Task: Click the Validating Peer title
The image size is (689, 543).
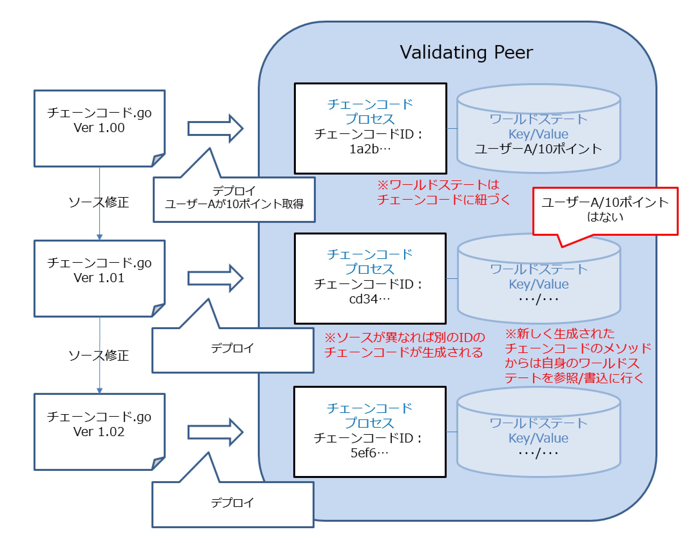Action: pos(466,52)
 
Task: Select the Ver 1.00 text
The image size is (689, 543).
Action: pos(99,128)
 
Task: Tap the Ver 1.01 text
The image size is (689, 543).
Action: pos(99,278)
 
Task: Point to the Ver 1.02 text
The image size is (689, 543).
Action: pos(99,432)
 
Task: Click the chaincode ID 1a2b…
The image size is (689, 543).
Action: pos(370,149)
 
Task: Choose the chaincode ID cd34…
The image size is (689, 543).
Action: pos(370,299)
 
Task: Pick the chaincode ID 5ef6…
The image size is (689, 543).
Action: pos(370,453)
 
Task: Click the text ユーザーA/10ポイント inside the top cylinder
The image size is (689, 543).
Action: pos(538,149)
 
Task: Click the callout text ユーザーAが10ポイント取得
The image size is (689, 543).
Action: pos(234,204)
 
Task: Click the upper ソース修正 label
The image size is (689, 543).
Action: pos(99,203)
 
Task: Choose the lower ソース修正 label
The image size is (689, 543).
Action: pos(99,356)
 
